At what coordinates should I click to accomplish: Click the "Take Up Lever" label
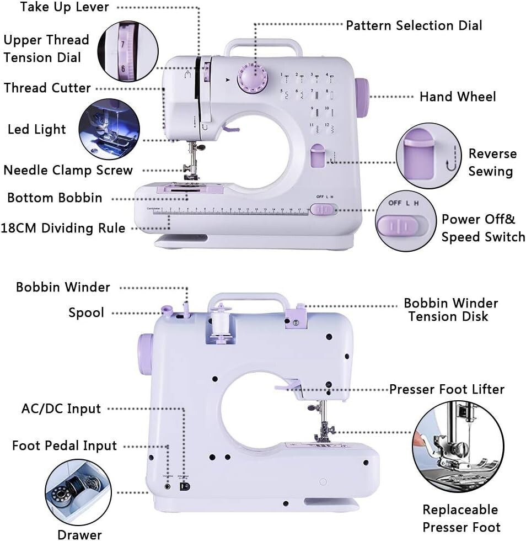click(65, 7)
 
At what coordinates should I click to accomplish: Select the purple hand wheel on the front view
click(362, 98)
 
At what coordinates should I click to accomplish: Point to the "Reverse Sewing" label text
click(492, 162)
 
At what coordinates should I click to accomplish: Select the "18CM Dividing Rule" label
click(63, 228)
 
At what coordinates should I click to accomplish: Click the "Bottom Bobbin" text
click(55, 198)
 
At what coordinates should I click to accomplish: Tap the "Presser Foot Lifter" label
click(447, 389)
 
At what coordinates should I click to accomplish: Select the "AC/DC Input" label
click(61, 409)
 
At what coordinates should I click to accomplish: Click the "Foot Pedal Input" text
click(65, 445)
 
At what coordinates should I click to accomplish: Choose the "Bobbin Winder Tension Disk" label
click(450, 310)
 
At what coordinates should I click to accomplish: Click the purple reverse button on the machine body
click(317, 155)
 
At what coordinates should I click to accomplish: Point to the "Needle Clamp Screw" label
click(68, 170)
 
